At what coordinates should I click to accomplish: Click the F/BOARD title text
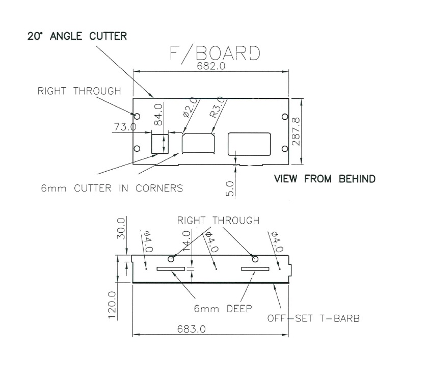(x=213, y=54)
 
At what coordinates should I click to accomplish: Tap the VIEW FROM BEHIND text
(x=325, y=179)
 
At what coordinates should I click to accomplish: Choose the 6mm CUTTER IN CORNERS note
(x=112, y=188)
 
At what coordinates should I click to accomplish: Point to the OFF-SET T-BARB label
(x=314, y=319)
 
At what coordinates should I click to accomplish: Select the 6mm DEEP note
(x=223, y=308)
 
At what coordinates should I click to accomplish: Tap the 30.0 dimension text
(x=120, y=227)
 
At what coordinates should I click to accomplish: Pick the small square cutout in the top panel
(x=160, y=143)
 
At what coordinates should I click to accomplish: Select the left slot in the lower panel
(x=171, y=269)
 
